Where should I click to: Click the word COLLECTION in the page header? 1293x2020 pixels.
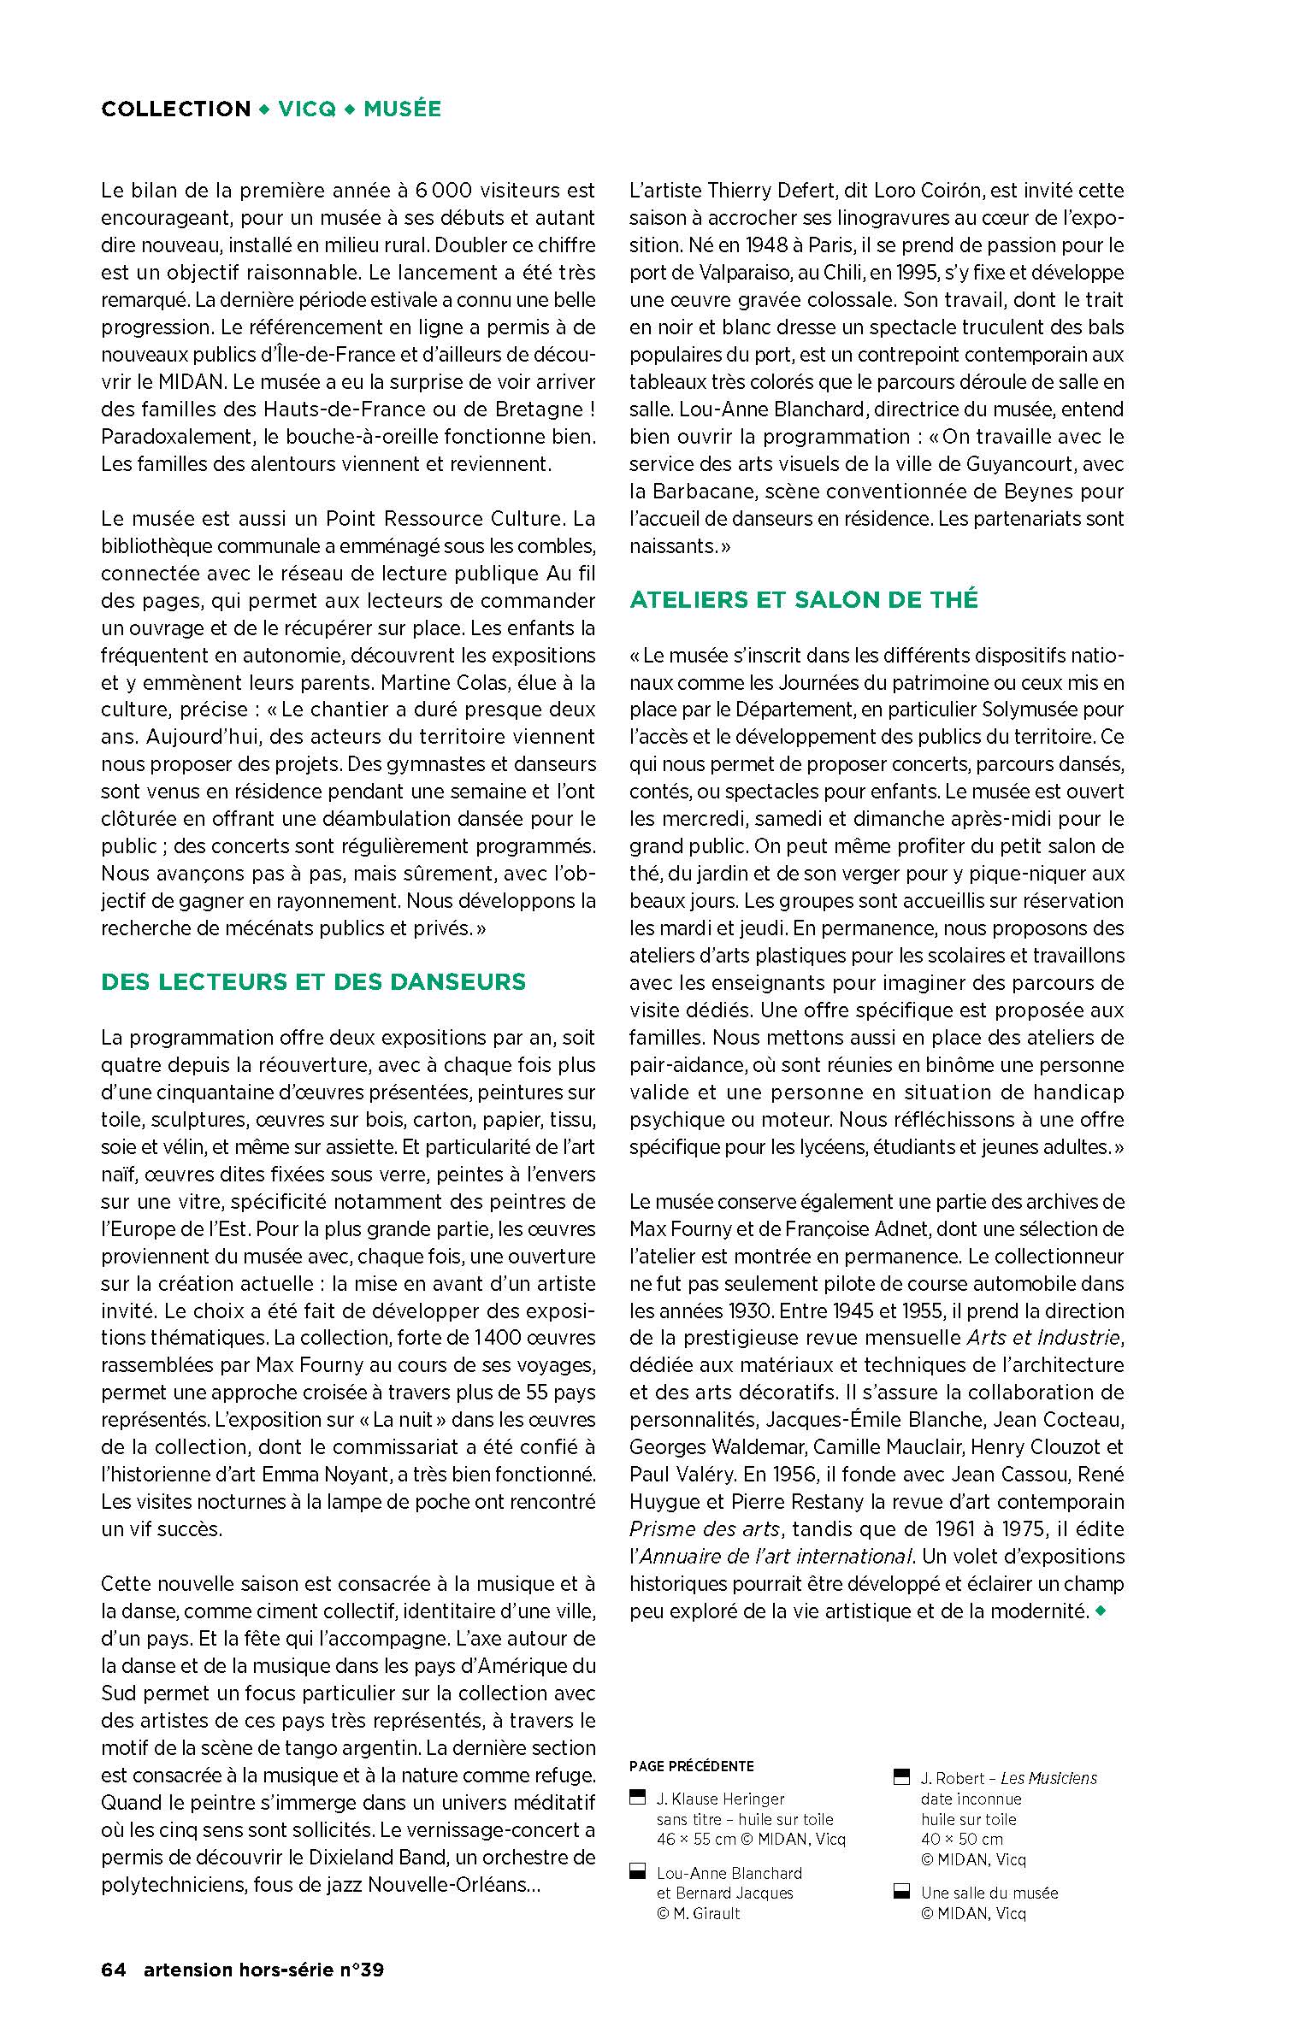[175, 109]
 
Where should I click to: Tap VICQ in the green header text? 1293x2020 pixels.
[307, 109]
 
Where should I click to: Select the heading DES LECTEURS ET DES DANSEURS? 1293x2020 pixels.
[313, 981]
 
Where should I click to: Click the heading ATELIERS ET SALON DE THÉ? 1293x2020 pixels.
[803, 599]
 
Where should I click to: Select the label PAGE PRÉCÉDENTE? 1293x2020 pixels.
[691, 1767]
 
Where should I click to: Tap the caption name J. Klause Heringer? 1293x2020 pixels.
[720, 1799]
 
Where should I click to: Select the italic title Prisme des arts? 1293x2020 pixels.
[705, 1529]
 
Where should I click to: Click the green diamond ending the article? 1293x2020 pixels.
[1100, 1611]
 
